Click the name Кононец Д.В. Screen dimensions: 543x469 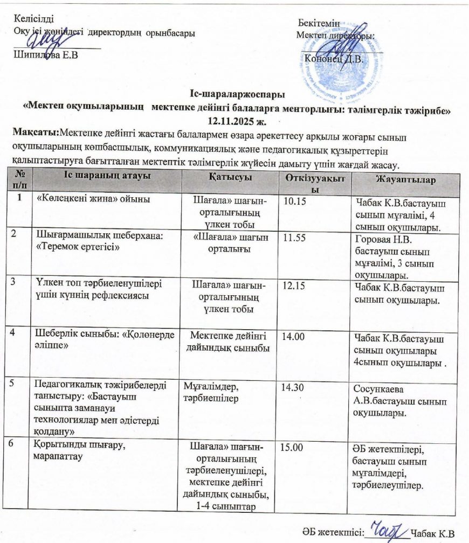334,58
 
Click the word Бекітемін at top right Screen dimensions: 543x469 318,23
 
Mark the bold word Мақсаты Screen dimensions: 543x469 37,131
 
